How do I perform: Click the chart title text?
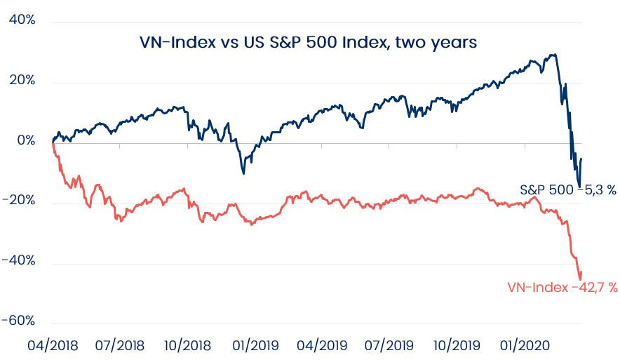(308, 42)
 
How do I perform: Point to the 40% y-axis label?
(22, 20)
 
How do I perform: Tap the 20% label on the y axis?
(22, 80)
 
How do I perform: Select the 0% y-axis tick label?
(26, 140)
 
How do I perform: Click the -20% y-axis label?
(18, 201)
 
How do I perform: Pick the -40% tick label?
(18, 261)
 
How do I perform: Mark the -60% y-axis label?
(18, 321)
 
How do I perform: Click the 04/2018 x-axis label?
(53, 345)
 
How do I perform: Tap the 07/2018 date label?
(120, 345)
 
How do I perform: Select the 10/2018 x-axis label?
(188, 345)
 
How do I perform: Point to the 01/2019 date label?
(255, 345)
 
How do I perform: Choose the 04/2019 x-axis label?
(322, 345)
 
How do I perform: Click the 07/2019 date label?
(389, 345)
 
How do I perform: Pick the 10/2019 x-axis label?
(457, 345)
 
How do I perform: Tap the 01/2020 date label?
(525, 345)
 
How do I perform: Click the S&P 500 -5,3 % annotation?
(568, 190)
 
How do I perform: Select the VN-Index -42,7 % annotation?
(562, 287)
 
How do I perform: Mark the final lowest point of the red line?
(580, 279)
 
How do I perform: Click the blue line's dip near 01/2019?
(243, 173)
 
